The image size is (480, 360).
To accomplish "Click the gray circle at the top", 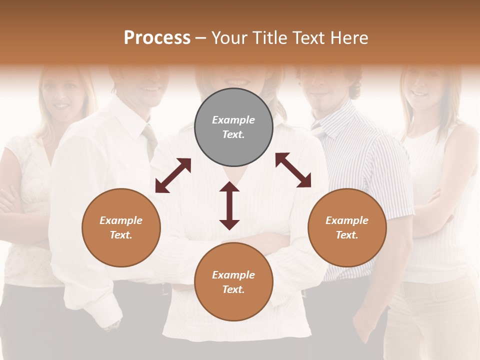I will (x=233, y=127).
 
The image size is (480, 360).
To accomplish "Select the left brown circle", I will (x=121, y=227).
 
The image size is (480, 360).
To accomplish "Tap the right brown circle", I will (x=347, y=227).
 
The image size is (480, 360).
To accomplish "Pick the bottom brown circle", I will (x=233, y=282).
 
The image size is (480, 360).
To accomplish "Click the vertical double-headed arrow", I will (x=229, y=205).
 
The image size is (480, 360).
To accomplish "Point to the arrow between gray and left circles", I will (x=173, y=175).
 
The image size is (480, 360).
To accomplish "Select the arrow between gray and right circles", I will (x=293, y=170).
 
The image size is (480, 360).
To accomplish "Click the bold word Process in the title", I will (x=157, y=37).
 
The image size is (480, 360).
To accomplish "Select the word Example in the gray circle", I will (x=233, y=120).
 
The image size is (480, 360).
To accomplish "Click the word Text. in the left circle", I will (x=121, y=235).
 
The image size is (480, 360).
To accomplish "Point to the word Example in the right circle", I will (x=347, y=220).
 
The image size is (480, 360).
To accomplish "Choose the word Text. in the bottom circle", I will (x=233, y=289).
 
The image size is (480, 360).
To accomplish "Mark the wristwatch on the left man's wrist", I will (x=113, y=325).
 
